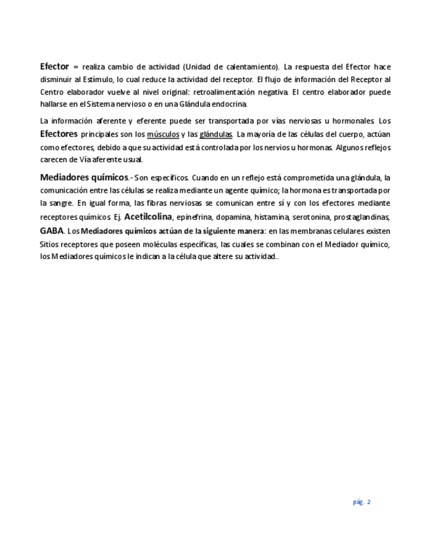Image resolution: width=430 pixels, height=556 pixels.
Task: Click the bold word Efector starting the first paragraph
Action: [54, 67]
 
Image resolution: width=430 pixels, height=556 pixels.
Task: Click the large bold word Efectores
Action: [58, 134]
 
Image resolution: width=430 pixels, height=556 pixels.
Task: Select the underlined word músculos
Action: [163, 134]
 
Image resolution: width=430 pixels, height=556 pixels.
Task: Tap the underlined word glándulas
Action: [216, 134]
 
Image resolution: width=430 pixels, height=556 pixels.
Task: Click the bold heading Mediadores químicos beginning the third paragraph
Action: [84, 178]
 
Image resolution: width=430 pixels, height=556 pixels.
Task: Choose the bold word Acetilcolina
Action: [148, 217]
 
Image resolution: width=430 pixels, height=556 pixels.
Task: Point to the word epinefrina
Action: [194, 218]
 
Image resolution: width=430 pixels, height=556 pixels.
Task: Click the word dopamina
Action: [234, 218]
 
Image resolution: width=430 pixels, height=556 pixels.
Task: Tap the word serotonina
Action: [311, 218]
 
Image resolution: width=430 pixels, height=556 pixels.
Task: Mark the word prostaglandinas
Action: [362, 218]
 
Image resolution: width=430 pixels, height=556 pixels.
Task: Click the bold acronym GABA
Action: [52, 231]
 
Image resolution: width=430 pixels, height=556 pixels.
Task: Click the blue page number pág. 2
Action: [362, 502]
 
